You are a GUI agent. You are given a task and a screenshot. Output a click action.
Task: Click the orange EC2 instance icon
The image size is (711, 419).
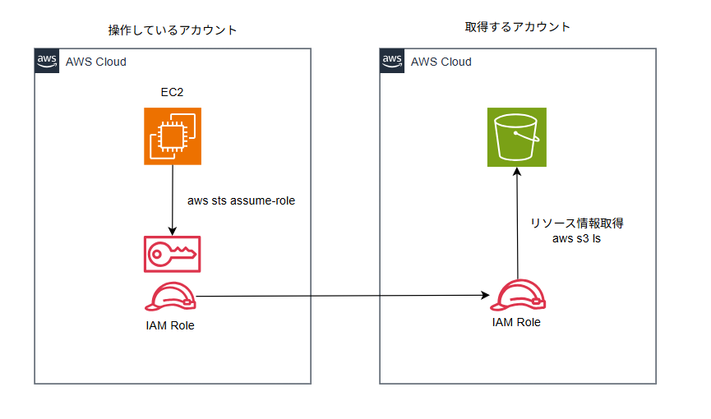click(x=172, y=136)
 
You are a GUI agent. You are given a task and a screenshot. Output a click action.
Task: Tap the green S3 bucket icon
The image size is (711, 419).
click(x=516, y=137)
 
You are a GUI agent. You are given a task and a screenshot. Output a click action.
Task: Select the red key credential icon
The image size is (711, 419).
click(x=173, y=255)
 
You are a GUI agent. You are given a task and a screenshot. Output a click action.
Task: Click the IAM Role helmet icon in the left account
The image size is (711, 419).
click(x=170, y=297)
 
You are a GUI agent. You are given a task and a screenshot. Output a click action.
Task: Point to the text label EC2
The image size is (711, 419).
click(x=172, y=92)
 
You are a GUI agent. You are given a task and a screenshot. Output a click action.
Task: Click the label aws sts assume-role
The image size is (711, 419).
click(x=241, y=200)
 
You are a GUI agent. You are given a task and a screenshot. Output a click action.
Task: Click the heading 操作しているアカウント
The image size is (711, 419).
click(x=173, y=30)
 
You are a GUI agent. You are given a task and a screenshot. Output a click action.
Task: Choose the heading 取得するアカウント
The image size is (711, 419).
click(x=517, y=27)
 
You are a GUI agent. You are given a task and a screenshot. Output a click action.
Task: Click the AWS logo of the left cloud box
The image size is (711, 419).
click(x=47, y=62)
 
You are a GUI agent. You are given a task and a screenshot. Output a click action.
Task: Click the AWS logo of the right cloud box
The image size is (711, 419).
click(x=392, y=62)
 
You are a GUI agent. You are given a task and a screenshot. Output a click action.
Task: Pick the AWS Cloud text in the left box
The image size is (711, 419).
click(x=95, y=62)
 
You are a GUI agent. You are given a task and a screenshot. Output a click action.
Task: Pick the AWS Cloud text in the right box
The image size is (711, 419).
click(x=441, y=62)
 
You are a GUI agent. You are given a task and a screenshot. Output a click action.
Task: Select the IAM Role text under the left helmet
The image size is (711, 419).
click(x=169, y=326)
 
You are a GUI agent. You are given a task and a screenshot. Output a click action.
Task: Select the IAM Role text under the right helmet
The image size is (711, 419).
click(x=516, y=322)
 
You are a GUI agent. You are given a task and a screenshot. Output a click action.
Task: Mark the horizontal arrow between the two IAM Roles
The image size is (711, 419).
click(x=341, y=296)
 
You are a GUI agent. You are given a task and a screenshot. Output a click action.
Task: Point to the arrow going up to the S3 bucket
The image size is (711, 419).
click(x=517, y=222)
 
